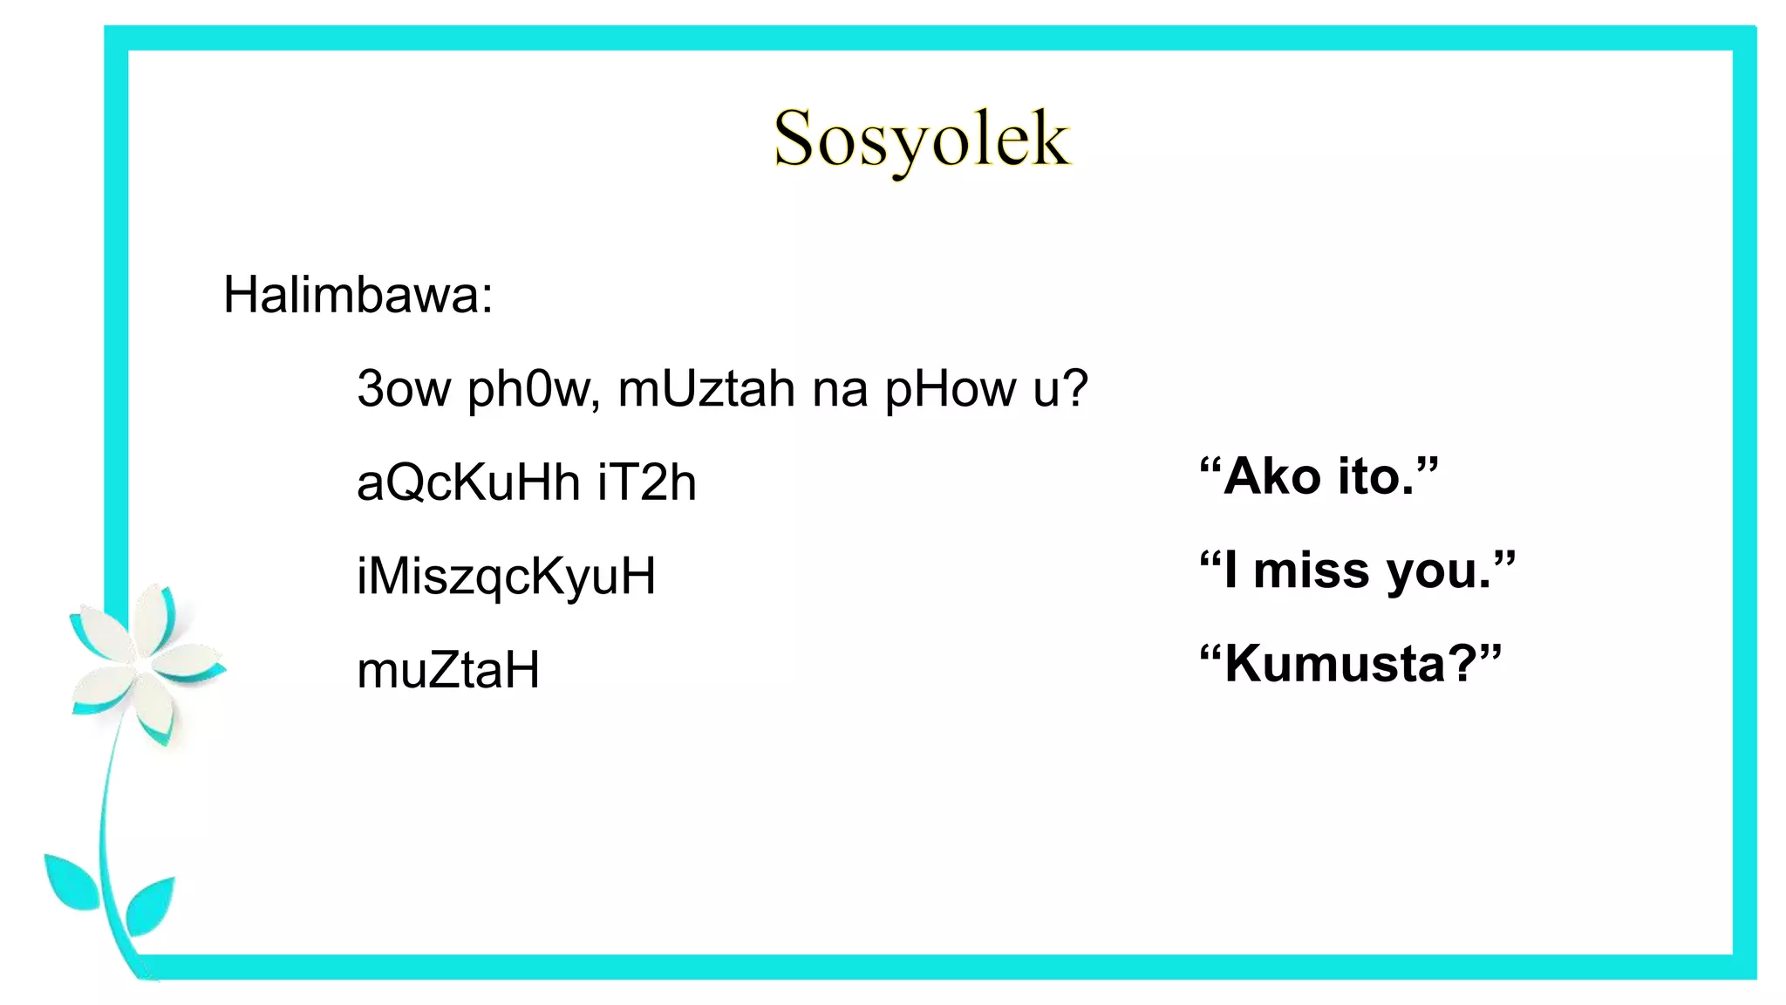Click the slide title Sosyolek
pos(921,140)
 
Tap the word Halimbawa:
pos(358,295)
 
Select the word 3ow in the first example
pos(404,389)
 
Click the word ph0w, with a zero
pos(533,389)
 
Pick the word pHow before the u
pos(951,389)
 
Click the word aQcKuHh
pos(468,482)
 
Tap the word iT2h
pos(647,482)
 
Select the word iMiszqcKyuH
pos(506,577)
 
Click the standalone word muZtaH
pos(448,671)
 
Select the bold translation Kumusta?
pos(1350,664)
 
